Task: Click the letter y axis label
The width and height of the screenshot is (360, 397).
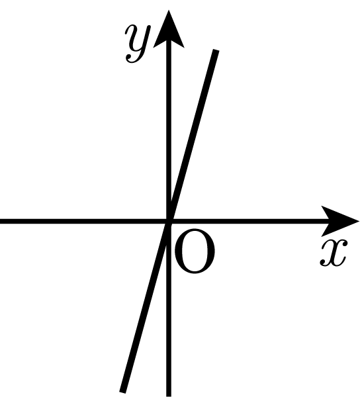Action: pos(138,43)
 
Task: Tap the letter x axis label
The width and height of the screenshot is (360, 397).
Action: pos(334,253)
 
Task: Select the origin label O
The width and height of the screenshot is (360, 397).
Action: pos(195,251)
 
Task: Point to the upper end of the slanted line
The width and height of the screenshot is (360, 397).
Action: pos(216,50)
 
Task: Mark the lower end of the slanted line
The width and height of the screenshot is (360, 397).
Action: pos(122,392)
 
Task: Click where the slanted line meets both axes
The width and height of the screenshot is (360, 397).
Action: pos(169,222)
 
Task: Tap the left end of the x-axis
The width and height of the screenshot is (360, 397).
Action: pos(1,222)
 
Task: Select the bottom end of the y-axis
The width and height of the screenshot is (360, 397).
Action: pos(169,396)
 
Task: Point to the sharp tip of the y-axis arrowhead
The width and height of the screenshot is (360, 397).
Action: pos(169,10)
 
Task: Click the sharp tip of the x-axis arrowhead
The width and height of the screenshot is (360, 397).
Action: pos(359,222)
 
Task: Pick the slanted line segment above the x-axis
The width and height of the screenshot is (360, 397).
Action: pos(193,136)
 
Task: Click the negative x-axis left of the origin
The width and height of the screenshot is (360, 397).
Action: pos(83,222)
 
